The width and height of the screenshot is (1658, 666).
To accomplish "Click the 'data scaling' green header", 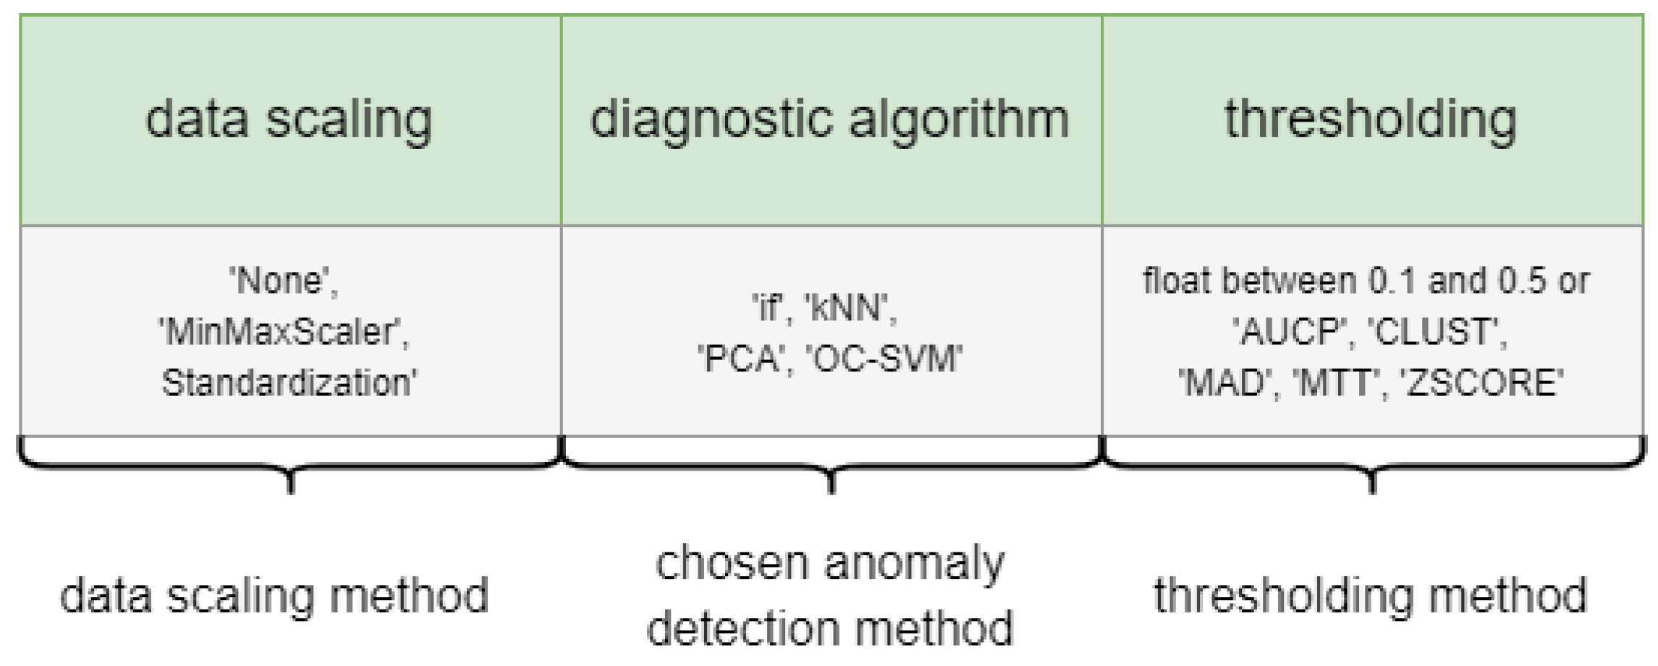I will click(289, 119).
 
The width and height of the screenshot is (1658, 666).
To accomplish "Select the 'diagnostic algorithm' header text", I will click(829, 119).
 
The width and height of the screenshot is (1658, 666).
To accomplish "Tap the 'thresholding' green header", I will click(1370, 119).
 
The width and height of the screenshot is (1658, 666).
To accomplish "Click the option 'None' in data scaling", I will click(284, 281).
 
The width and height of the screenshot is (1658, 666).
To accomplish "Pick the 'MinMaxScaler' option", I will click(284, 332).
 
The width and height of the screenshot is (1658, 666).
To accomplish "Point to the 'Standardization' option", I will click(289, 382).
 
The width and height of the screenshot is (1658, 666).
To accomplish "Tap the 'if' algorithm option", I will click(769, 308).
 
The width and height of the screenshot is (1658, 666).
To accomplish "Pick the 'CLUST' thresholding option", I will click(1437, 332).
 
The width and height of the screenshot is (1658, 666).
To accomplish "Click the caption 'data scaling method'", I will click(274, 596).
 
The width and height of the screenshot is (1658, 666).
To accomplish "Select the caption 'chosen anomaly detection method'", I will click(829, 596).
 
